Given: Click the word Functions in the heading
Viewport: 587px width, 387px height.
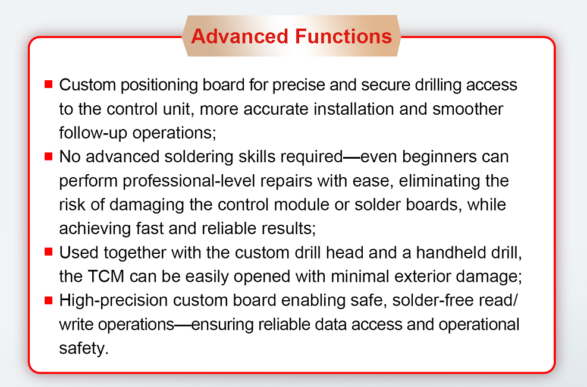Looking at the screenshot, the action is [343, 36].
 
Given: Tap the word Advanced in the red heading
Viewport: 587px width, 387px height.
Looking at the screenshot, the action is [240, 36].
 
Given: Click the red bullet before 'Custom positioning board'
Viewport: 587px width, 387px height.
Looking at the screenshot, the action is [48, 84].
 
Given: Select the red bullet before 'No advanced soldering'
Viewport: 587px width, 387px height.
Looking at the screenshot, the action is [48, 156].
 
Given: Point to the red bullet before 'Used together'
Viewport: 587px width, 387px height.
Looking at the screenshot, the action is [48, 251].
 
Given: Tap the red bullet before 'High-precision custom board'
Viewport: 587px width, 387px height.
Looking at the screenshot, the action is [48, 300].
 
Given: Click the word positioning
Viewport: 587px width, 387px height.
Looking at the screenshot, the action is [159, 86].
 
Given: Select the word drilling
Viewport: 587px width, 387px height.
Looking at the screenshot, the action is [438, 86].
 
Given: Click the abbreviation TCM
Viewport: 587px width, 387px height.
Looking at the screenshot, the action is [106, 276].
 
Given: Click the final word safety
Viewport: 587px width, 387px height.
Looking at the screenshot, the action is [84, 349].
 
